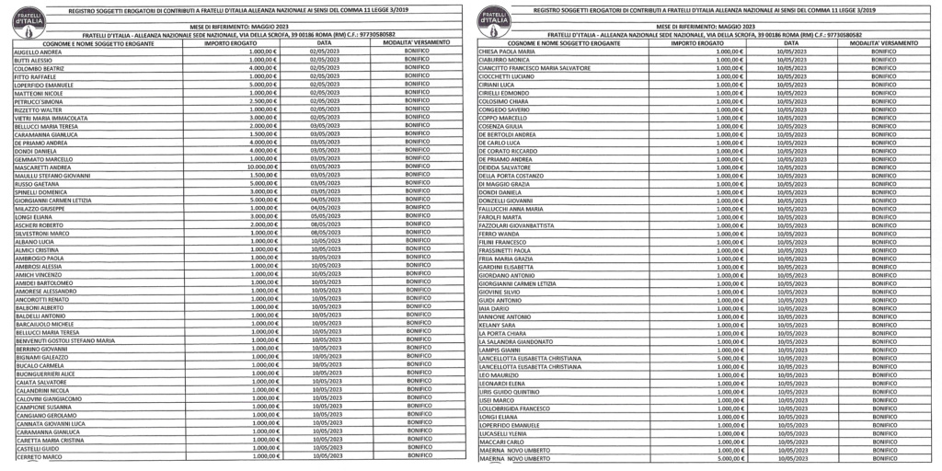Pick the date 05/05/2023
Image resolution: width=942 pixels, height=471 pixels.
[326, 215]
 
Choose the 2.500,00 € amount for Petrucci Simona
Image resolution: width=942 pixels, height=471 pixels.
[263, 100]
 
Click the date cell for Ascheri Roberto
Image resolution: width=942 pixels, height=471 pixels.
[326, 224]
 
